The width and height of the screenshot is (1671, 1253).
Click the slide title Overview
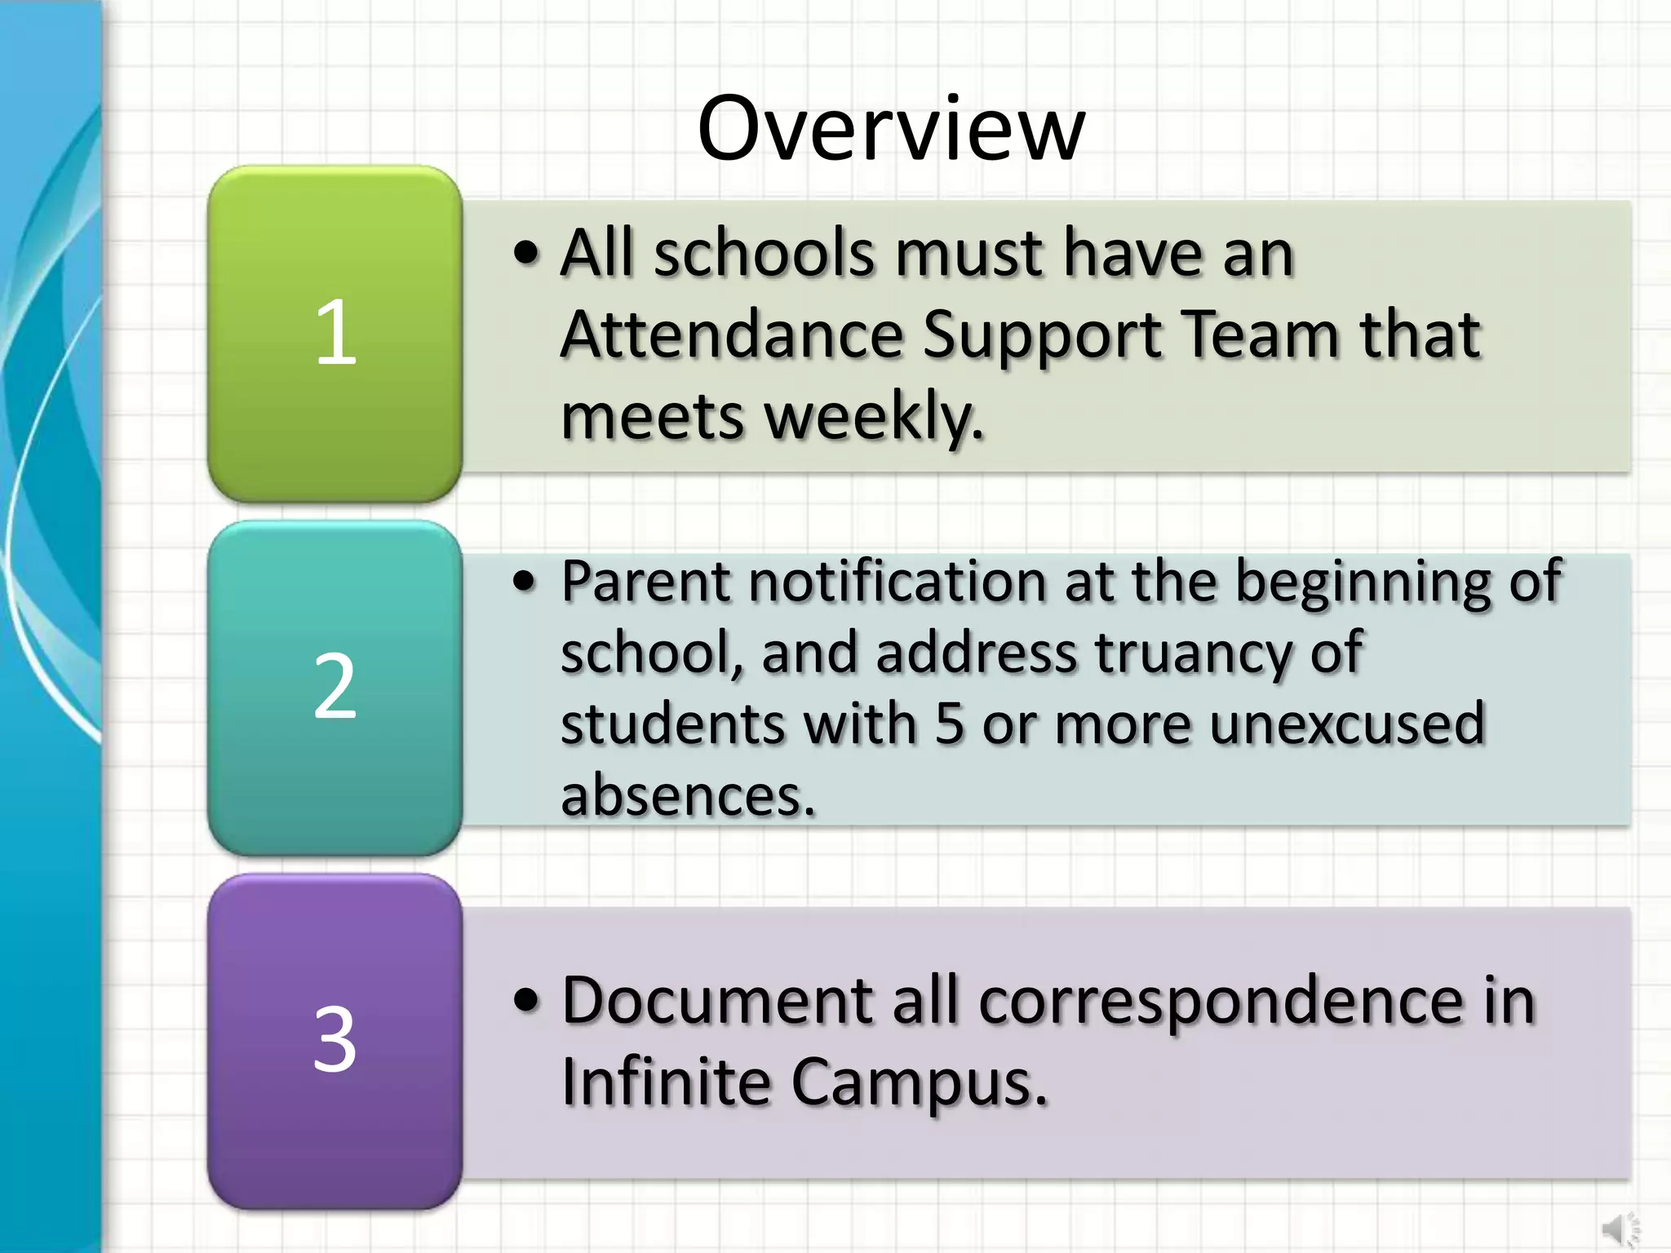(891, 129)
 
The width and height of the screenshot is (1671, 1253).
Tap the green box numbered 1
(335, 333)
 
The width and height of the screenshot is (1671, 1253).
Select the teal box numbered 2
(335, 687)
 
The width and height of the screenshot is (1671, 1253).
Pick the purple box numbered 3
(335, 1041)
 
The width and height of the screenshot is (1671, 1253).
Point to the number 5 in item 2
(949, 724)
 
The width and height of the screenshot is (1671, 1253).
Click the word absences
(688, 795)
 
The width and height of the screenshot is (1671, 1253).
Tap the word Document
(718, 1001)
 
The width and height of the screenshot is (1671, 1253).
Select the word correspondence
(1221, 1001)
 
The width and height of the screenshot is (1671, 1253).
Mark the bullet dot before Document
(527, 1001)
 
